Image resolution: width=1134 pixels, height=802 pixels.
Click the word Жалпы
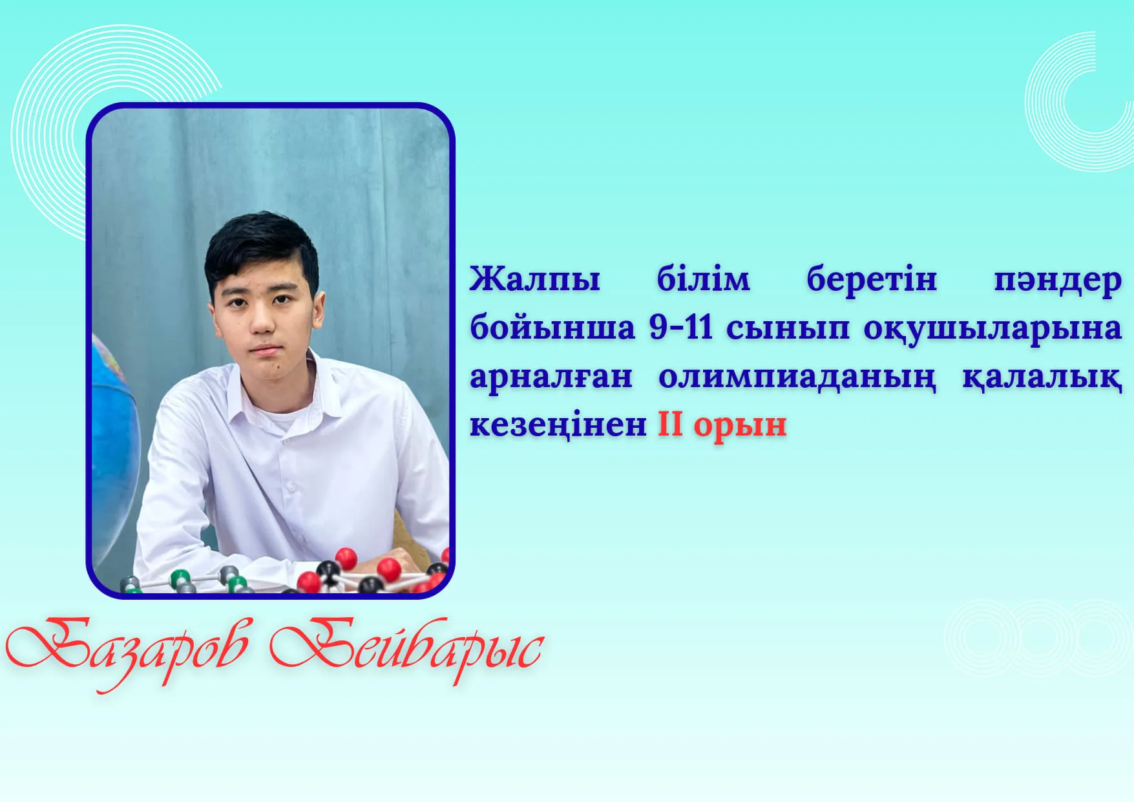click(534, 280)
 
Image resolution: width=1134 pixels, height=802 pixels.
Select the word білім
click(704, 279)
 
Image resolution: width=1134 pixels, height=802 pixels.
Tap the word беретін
click(872, 279)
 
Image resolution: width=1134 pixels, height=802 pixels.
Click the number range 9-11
click(681, 327)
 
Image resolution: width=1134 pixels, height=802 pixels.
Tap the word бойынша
click(552, 328)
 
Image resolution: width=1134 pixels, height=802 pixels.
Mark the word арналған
click(551, 377)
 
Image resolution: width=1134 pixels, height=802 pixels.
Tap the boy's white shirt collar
click(278, 388)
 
